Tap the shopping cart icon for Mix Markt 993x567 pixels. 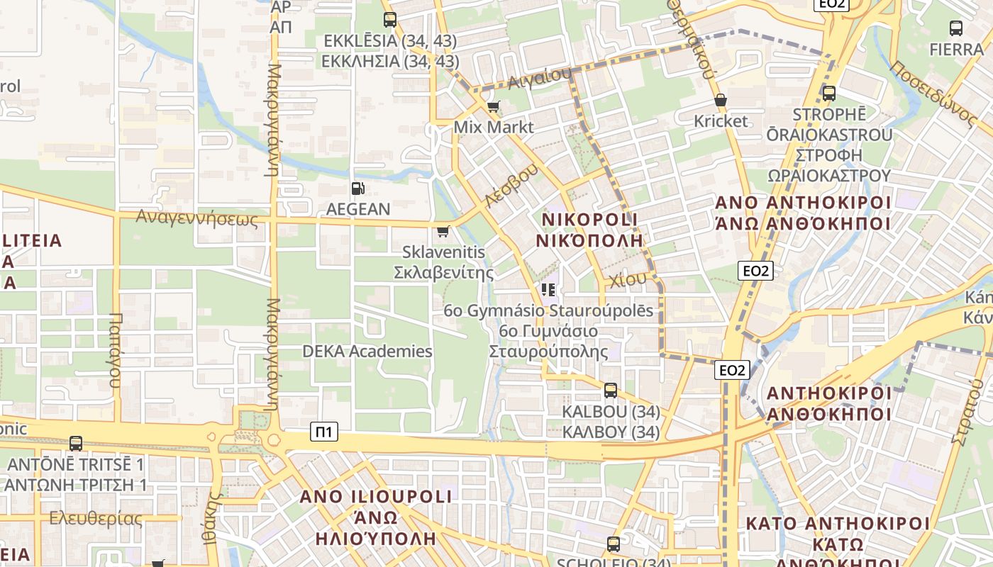[x=493, y=107]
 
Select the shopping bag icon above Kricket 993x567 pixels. [x=721, y=101]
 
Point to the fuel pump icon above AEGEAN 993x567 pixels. [x=358, y=189]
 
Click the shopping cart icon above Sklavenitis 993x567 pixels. [x=443, y=231]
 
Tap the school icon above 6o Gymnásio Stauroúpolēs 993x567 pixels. [x=548, y=289]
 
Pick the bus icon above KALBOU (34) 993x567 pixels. [x=610, y=390]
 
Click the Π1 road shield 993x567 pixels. [x=324, y=431]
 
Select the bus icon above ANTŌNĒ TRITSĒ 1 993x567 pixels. [x=76, y=444]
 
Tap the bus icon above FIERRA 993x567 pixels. [x=956, y=28]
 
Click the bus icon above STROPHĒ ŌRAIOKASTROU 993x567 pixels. [x=828, y=93]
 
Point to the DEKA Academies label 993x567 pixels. [x=367, y=352]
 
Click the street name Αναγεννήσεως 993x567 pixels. [x=197, y=217]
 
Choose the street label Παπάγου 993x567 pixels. [x=115, y=350]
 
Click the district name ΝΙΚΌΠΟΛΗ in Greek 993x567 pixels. [x=589, y=240]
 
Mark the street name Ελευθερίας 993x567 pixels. [x=95, y=519]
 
